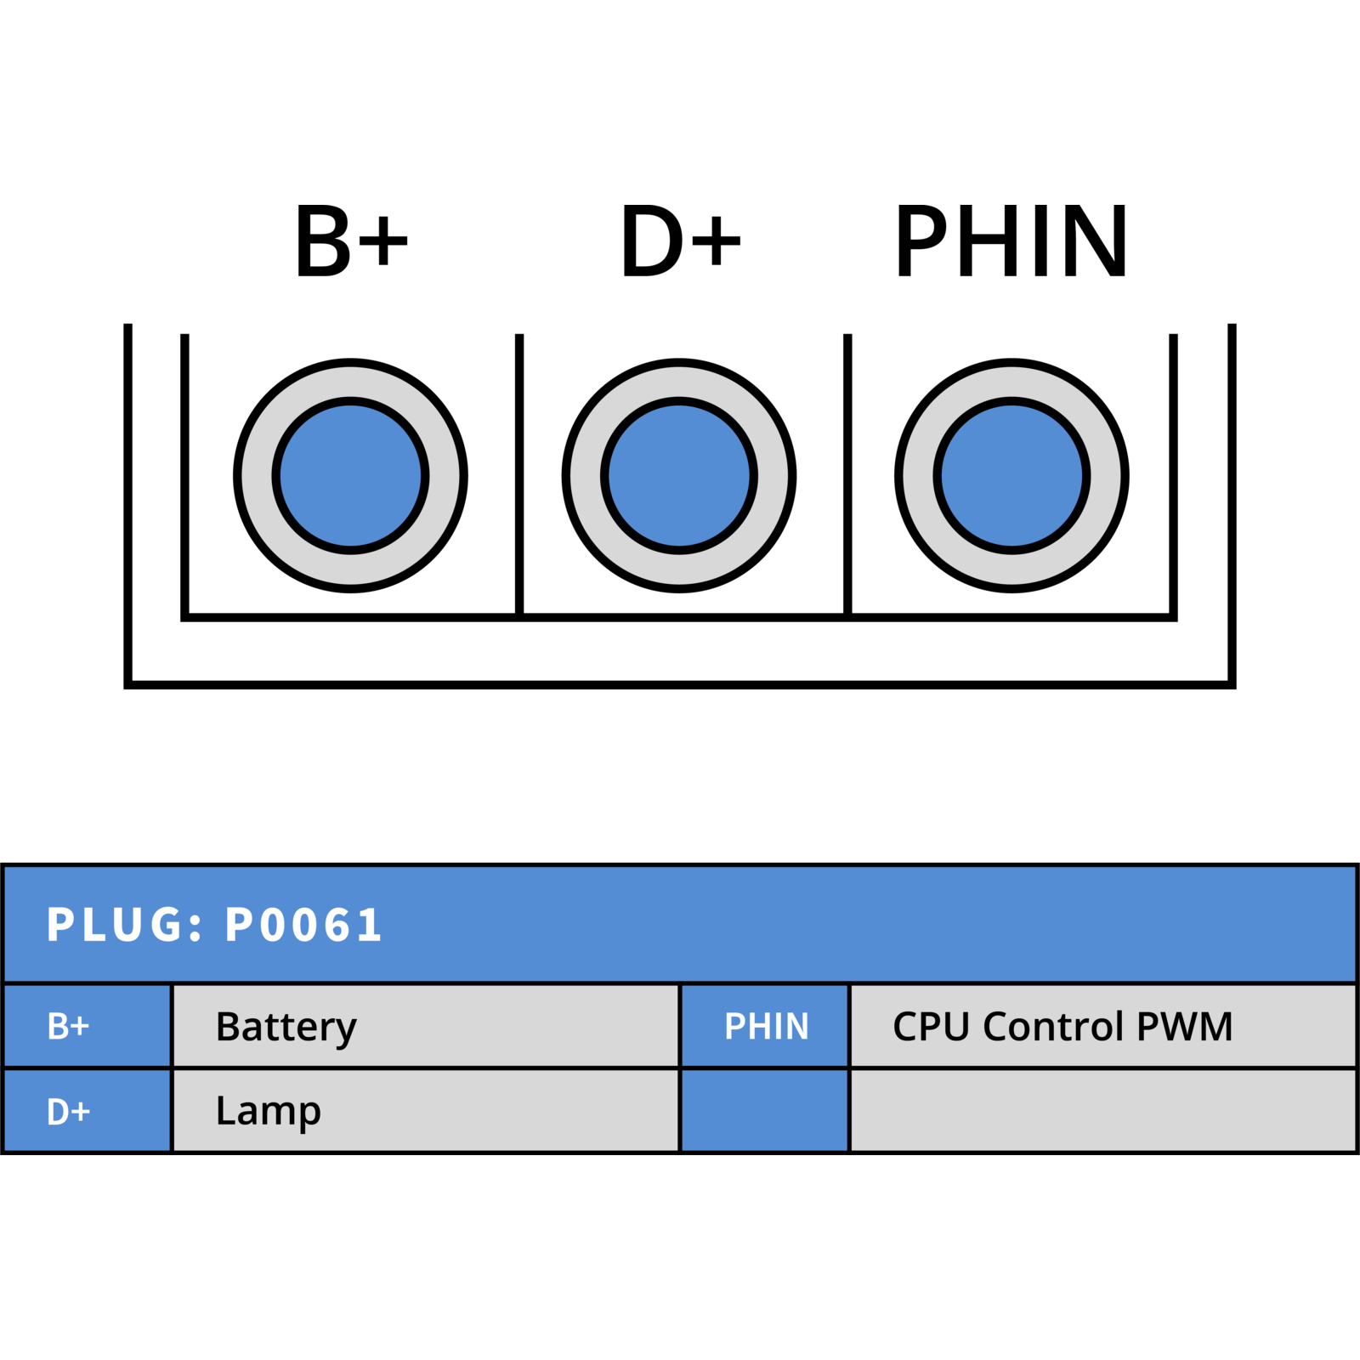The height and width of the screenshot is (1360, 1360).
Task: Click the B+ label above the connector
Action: (x=351, y=241)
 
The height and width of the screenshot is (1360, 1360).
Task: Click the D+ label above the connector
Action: (x=681, y=241)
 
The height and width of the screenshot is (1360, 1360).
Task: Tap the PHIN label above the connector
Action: (x=1011, y=241)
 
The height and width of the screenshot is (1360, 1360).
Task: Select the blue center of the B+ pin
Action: (x=350, y=476)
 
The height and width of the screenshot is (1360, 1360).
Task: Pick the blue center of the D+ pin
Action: (x=679, y=476)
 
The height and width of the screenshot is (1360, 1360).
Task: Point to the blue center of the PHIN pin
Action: (x=1011, y=476)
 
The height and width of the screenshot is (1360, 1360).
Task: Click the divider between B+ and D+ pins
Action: (x=519, y=474)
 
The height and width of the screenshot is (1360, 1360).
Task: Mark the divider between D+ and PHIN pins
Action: (x=847, y=474)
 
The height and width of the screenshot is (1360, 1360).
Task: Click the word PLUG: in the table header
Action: (x=125, y=925)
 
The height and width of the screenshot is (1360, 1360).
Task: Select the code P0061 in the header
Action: (x=303, y=925)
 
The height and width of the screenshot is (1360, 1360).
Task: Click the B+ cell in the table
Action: (x=87, y=1026)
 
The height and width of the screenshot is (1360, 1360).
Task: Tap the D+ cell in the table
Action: (x=87, y=1111)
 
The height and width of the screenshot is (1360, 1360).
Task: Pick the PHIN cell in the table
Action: (x=765, y=1026)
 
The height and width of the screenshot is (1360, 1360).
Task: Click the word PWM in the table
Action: (x=1184, y=1026)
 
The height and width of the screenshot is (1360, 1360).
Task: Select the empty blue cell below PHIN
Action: (x=765, y=1111)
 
